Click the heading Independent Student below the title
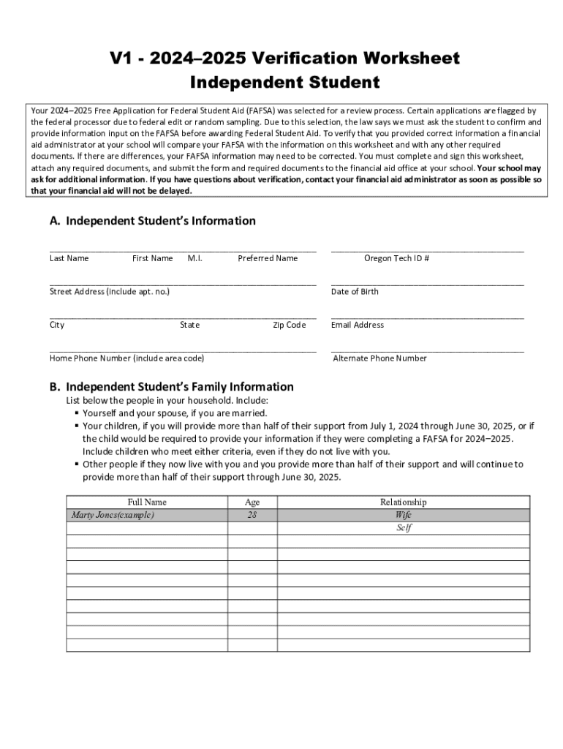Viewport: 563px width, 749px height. coord(284,83)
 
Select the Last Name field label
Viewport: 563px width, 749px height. coord(69,258)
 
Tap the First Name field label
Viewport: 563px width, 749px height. coord(152,258)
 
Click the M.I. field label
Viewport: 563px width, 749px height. coord(194,258)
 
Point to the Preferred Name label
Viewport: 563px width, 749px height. coord(268,258)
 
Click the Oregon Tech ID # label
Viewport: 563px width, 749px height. coord(396,258)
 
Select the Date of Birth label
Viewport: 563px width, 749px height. coord(355,292)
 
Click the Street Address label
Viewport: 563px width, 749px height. coord(110,292)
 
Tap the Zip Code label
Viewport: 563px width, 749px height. coord(289,325)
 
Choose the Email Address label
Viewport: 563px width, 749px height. coord(357,325)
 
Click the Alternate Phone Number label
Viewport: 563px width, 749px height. coord(379,358)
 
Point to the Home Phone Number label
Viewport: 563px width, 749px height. coord(126,358)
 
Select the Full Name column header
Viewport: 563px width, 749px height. coord(147,502)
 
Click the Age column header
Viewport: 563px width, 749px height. coord(252,502)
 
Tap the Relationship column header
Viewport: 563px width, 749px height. coord(403,502)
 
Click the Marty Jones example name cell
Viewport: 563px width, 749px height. coord(113,515)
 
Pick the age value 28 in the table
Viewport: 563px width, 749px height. coord(252,515)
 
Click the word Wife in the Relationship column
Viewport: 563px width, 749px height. coord(403,515)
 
